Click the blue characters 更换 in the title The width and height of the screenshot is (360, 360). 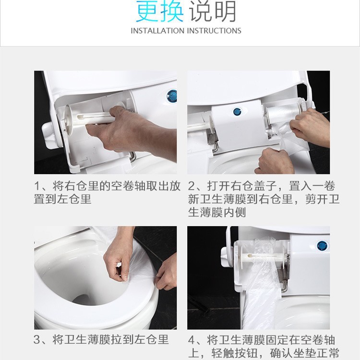click(160, 12)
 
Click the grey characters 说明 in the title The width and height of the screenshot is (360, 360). click(213, 12)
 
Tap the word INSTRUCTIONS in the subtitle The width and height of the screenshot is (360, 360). click(214, 31)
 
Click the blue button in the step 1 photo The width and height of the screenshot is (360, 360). click(172, 96)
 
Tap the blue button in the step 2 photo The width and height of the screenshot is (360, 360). click(237, 112)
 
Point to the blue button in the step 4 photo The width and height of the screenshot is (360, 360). click(322, 246)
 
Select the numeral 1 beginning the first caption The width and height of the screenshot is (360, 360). click(37, 186)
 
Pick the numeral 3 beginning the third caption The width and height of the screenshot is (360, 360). click(37, 340)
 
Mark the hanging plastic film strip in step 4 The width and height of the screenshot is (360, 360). click(262, 302)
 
